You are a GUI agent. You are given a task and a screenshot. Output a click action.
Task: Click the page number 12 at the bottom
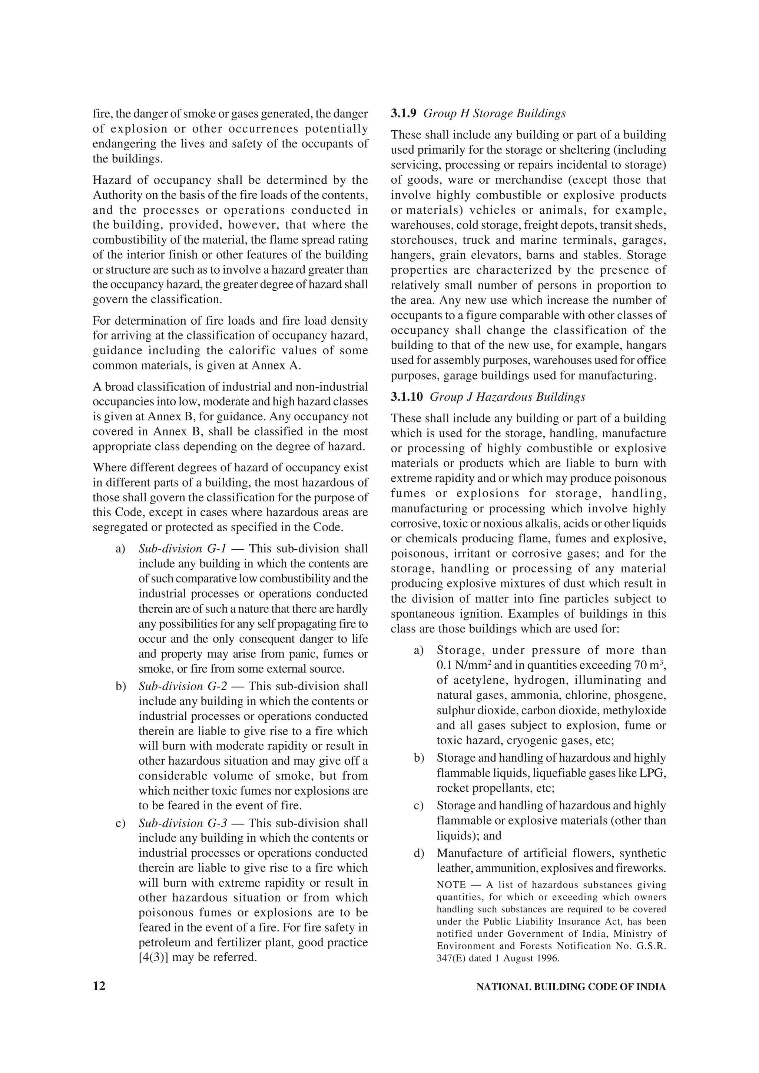(x=99, y=986)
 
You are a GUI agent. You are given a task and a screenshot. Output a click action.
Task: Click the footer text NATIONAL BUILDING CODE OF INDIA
(x=570, y=987)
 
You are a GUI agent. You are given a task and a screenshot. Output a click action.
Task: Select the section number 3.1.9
(x=404, y=114)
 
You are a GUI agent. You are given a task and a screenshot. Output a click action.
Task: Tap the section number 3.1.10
(x=407, y=397)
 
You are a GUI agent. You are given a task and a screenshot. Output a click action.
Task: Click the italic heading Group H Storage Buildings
(x=494, y=114)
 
